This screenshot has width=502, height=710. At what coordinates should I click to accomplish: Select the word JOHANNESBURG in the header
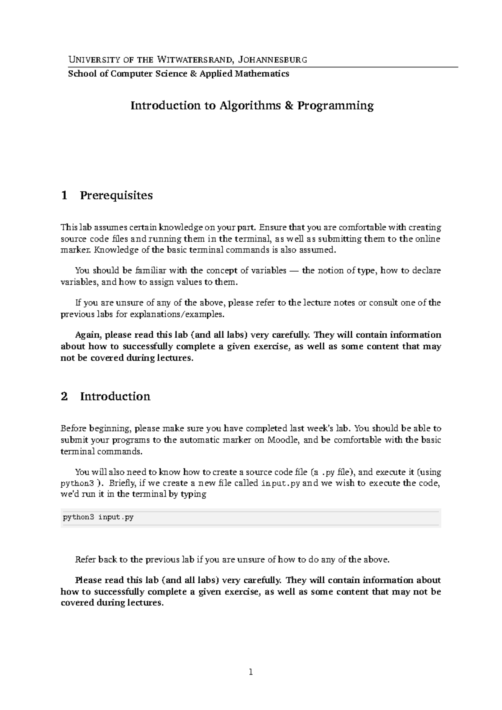(x=272, y=59)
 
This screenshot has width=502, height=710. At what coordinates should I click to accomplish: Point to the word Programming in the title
(x=335, y=105)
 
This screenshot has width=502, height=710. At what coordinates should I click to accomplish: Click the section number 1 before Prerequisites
(x=64, y=196)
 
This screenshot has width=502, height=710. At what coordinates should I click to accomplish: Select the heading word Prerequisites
(x=116, y=196)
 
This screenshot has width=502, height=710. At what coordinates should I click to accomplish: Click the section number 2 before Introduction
(x=64, y=396)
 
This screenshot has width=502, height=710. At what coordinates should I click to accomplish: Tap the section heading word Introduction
(x=115, y=396)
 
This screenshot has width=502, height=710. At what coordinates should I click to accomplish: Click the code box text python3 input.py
(x=98, y=517)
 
